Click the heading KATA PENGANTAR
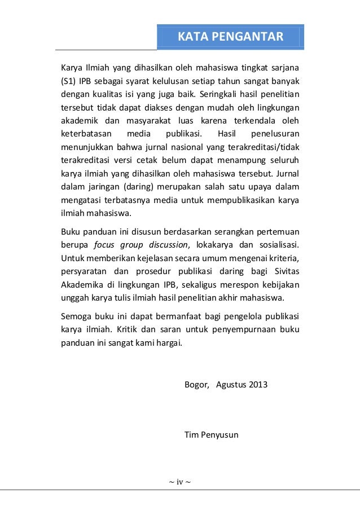point(230,37)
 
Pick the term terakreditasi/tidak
point(264,147)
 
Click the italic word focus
point(105,245)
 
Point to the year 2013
point(258,385)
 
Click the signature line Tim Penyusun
point(211,435)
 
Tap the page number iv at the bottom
point(180,482)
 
